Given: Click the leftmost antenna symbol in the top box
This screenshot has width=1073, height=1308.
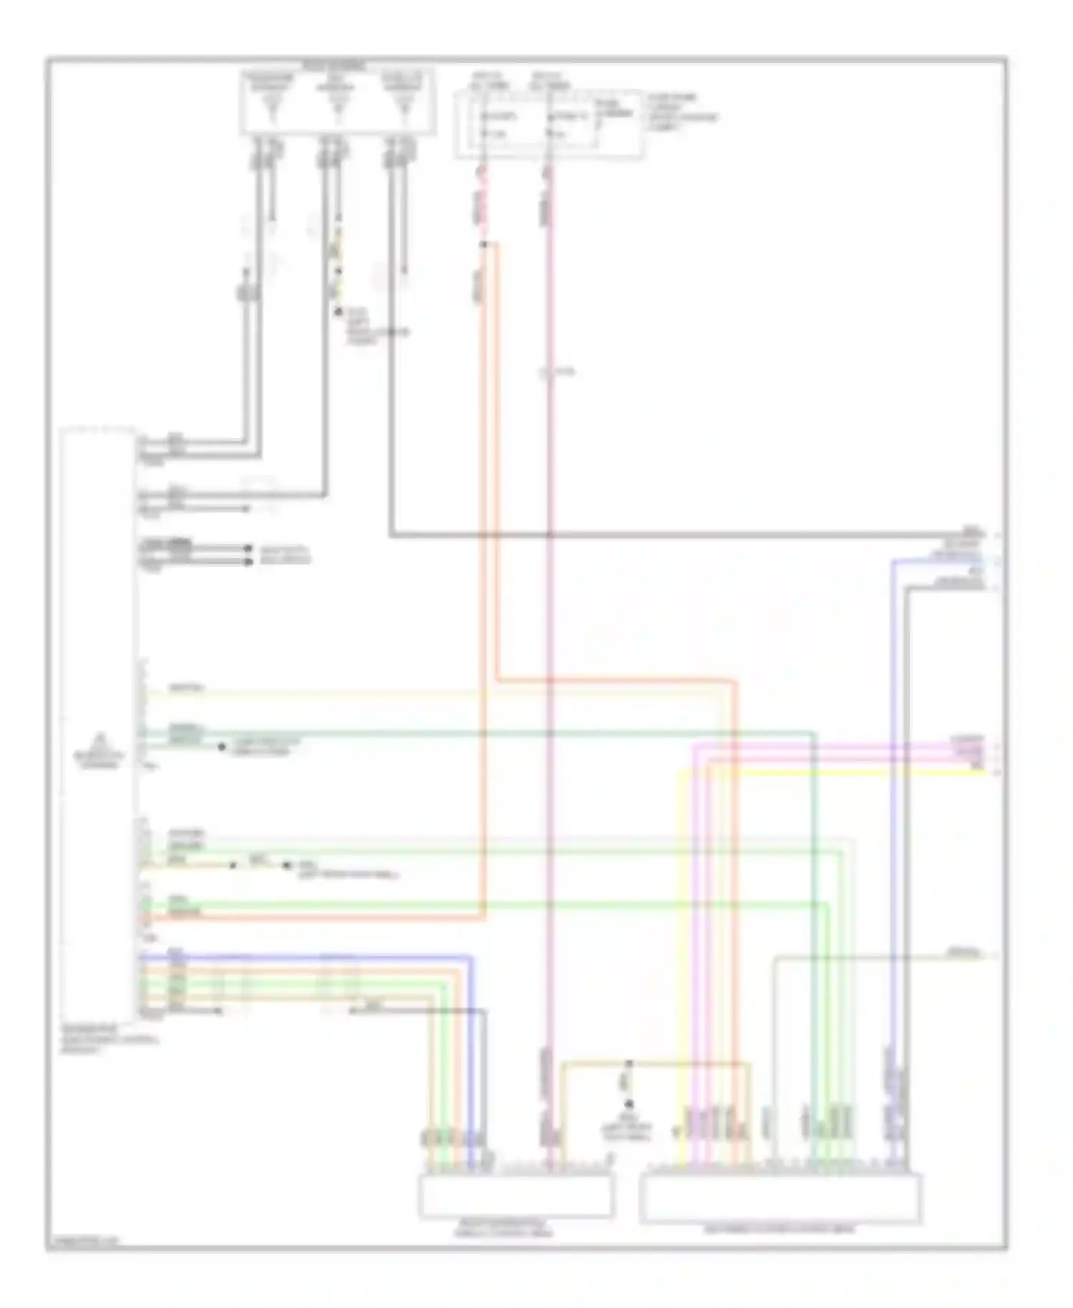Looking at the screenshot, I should [270, 107].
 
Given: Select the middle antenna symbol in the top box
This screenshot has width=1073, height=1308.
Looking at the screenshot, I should [336, 107].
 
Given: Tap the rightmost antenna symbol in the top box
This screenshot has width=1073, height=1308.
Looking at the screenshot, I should [404, 107].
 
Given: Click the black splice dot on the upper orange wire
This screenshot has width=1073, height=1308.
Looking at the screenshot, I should [484, 245].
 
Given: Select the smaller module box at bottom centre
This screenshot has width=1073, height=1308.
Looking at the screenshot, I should [516, 1196].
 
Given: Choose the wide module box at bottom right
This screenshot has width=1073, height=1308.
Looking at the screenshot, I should [780, 1199].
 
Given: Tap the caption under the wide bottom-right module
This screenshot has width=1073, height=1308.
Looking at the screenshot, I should [780, 1229].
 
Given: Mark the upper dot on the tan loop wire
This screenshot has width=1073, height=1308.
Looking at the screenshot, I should [629, 1064].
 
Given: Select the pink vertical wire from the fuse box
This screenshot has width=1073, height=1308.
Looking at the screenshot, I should [549, 644].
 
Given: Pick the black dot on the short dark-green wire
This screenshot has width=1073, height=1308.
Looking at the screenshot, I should [222, 746].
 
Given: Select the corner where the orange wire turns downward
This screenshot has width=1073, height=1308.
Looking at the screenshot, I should [735, 681].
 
